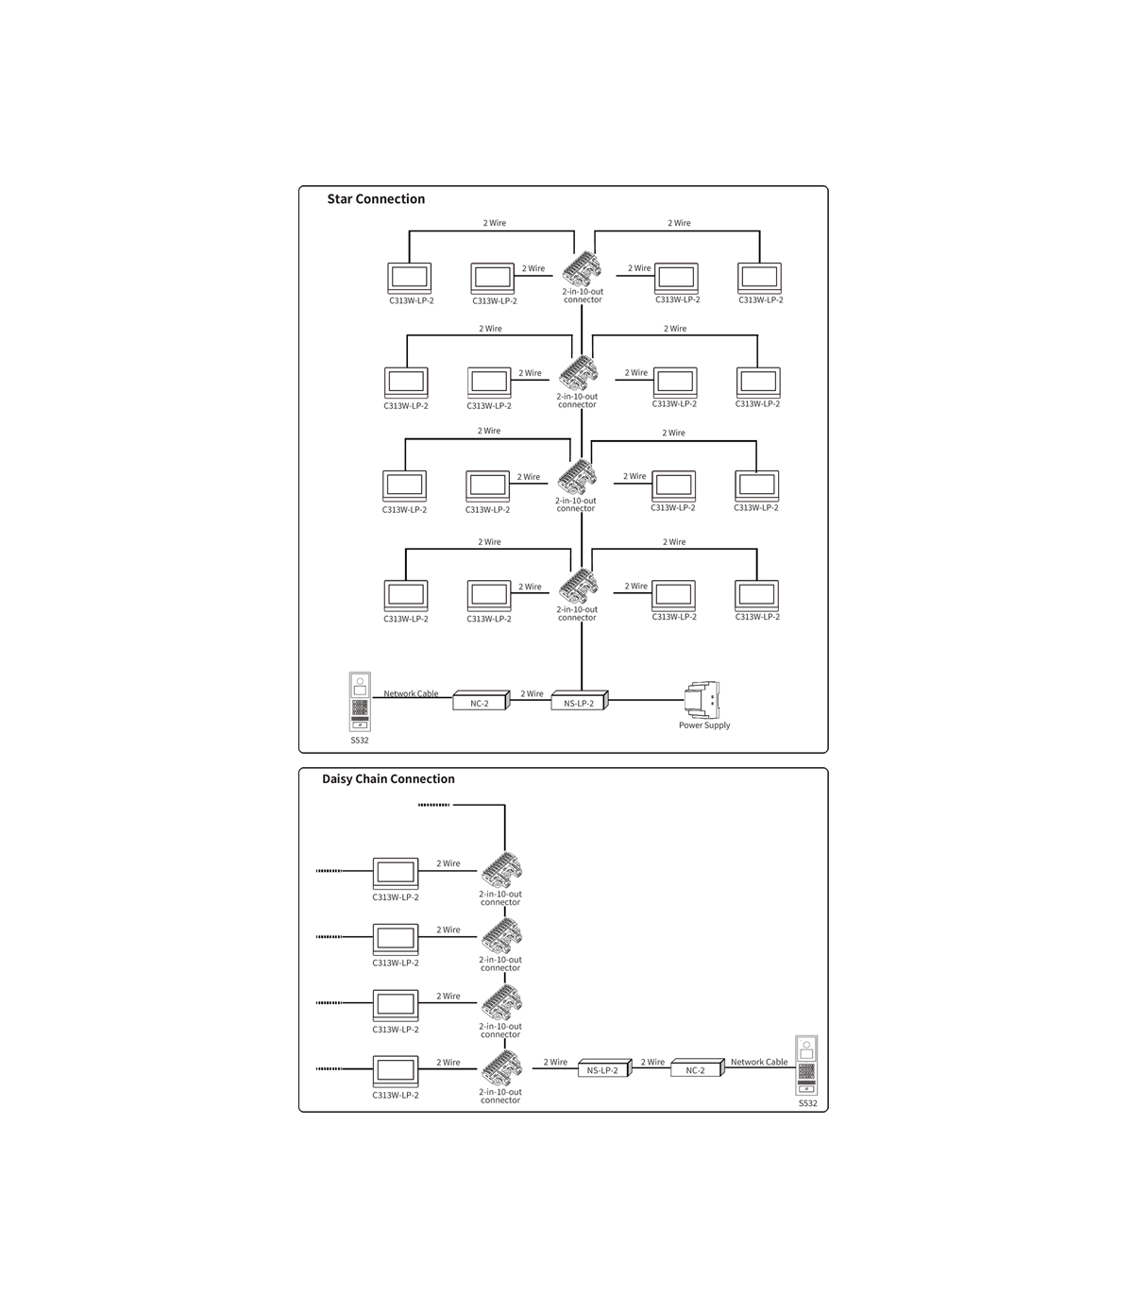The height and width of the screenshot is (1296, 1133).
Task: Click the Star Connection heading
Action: (x=376, y=199)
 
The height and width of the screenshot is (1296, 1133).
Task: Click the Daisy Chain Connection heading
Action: (x=388, y=779)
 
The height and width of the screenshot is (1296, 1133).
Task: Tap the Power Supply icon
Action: (x=703, y=700)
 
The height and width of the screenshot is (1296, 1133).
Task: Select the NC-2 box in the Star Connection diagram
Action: (x=480, y=702)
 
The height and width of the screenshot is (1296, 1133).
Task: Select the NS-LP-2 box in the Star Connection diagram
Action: (x=579, y=702)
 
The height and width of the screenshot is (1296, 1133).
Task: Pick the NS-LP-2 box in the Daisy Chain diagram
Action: (x=602, y=1069)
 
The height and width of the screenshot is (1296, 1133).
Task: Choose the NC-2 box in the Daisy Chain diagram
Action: (x=696, y=1069)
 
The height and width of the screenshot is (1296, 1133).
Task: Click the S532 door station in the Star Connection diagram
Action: (x=360, y=701)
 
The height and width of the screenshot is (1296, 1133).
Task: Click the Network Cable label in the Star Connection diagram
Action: (x=411, y=693)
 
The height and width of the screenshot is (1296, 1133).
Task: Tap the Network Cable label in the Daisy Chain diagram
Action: (x=759, y=1062)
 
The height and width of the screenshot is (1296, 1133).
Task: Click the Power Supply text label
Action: (x=704, y=725)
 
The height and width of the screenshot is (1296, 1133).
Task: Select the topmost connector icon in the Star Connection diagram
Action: (x=580, y=269)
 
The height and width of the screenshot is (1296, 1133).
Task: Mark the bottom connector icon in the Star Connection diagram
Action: (x=578, y=587)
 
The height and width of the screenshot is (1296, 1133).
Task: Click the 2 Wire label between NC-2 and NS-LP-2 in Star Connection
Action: (x=533, y=693)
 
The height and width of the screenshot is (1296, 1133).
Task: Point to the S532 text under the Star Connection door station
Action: (x=360, y=740)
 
